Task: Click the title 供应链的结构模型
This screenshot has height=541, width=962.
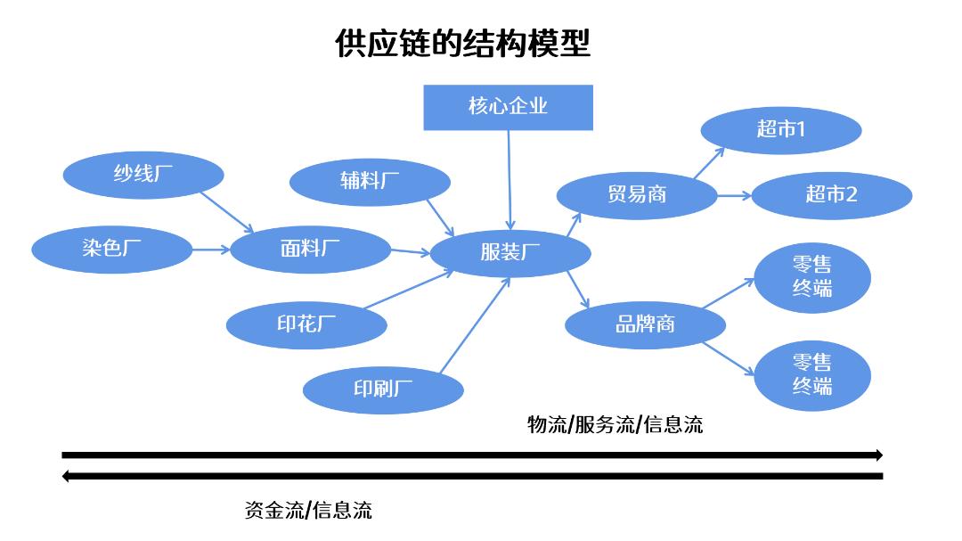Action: pos(462,43)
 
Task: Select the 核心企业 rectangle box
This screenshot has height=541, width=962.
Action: pos(508,107)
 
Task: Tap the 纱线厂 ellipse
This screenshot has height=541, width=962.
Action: pos(143,175)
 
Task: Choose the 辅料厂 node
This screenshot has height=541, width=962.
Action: pos(370,181)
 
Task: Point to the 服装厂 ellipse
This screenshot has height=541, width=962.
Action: pos(510,252)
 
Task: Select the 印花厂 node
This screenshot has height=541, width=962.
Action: pos(306,324)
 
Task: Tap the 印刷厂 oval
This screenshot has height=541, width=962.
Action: pos(383,389)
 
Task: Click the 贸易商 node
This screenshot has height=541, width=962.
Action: pos(637,194)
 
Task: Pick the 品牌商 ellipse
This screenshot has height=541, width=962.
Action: pos(645,324)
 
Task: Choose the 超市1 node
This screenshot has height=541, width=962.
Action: pos(780,129)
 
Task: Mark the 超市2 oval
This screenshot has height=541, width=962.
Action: pos(831,194)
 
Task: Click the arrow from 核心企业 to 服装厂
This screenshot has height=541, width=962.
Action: pos(509,179)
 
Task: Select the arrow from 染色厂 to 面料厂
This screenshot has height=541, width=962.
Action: pos(211,249)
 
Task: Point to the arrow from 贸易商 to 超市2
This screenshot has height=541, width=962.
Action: pos(734,194)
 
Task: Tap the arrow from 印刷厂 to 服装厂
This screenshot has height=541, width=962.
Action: pos(475,324)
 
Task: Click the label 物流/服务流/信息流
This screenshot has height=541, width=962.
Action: pos(615,424)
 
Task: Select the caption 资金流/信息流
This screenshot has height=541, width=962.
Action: pos(308,510)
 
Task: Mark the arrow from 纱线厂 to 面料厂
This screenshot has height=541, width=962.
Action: pos(228,210)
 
